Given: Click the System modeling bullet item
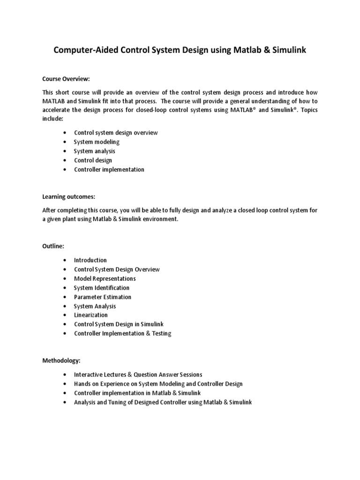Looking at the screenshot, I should (x=97, y=142).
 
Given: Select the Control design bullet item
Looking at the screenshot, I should (x=93, y=160).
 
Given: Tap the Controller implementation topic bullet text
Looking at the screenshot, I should (x=109, y=170).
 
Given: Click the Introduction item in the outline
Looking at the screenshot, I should (x=90, y=260).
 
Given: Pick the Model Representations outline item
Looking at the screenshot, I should (x=105, y=278).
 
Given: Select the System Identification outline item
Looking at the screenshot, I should (x=101, y=288).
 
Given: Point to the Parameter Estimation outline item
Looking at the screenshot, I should (x=103, y=297).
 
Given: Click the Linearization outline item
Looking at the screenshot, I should (x=90, y=315).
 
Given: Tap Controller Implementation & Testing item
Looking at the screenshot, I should (x=122, y=334).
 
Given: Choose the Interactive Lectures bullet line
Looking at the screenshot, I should (x=138, y=375).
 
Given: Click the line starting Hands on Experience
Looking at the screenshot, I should (x=158, y=384).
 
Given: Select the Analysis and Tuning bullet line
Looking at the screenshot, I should (x=163, y=402).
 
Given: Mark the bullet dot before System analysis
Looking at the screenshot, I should (x=64, y=151).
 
